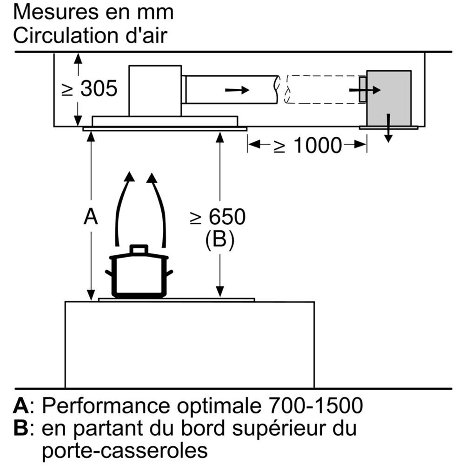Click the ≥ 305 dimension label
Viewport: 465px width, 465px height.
tap(90, 88)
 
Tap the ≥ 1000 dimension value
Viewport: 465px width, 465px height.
tap(307, 146)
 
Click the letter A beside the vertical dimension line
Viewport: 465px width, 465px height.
tap(91, 217)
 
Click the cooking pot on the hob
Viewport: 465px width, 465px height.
tap(139, 274)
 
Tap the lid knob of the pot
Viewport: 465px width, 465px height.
tap(139, 249)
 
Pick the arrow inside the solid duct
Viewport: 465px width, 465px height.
tap(237, 89)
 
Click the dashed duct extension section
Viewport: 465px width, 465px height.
tap(321, 89)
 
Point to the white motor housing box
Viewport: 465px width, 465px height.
tap(154, 90)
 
